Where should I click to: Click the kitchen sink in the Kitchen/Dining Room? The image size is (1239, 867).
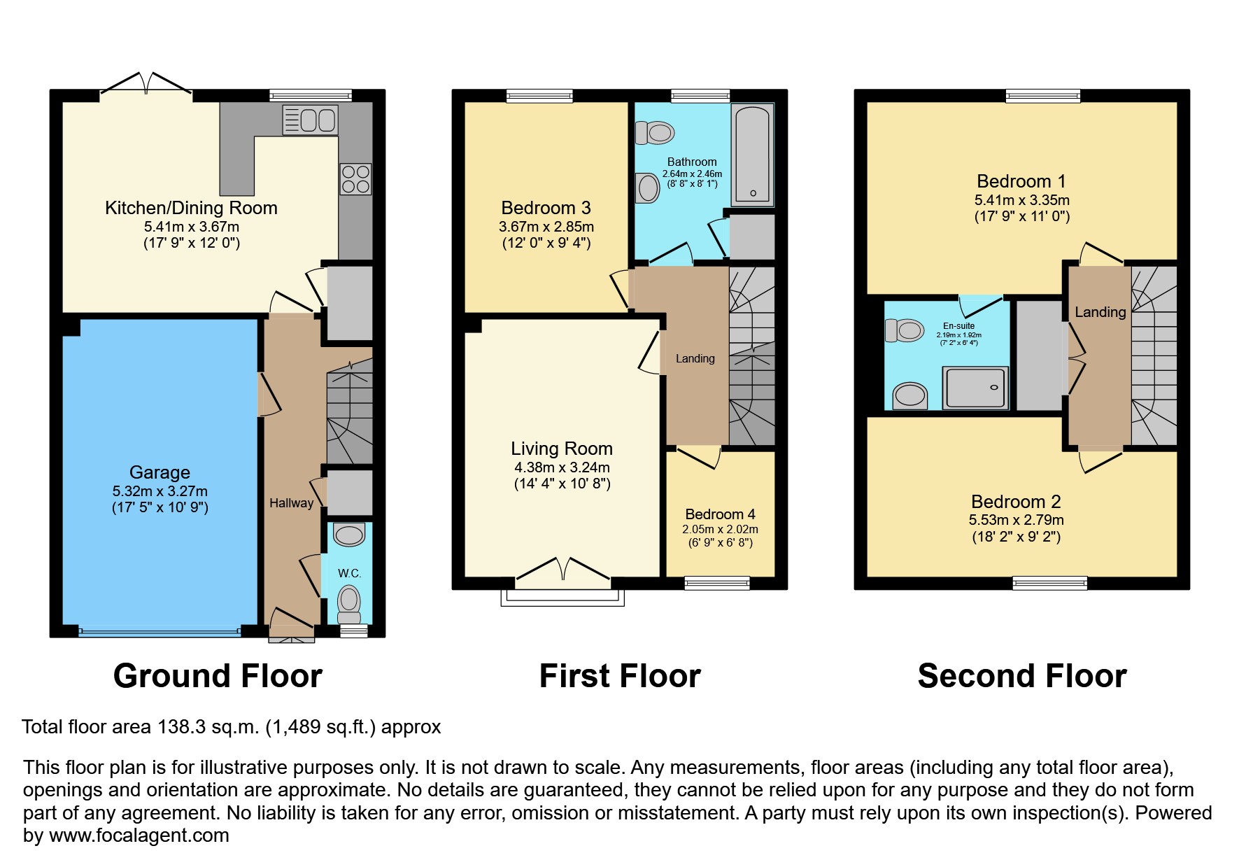(x=310, y=120)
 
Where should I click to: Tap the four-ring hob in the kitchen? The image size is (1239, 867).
(x=355, y=179)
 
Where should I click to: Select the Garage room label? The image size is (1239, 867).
(x=160, y=472)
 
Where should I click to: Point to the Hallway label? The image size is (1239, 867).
(x=291, y=503)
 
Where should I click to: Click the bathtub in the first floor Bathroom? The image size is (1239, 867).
(x=752, y=155)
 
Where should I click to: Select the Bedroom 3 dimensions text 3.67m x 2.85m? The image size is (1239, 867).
(x=546, y=227)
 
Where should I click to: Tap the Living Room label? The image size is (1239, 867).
(x=561, y=449)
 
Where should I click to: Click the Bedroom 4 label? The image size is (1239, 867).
(x=720, y=514)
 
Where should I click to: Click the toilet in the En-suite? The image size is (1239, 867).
(x=905, y=330)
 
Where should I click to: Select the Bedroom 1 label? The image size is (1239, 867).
(x=1021, y=181)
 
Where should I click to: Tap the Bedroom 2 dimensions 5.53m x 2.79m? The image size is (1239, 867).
(x=1016, y=520)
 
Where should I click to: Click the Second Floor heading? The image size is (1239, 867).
(x=1021, y=676)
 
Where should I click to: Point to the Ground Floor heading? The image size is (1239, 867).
(x=218, y=676)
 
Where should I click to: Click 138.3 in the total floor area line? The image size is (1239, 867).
(x=181, y=727)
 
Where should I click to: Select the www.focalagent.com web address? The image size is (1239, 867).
(x=139, y=836)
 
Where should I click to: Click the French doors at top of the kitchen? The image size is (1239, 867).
(x=146, y=85)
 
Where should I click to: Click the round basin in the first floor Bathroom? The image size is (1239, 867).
(x=649, y=188)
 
